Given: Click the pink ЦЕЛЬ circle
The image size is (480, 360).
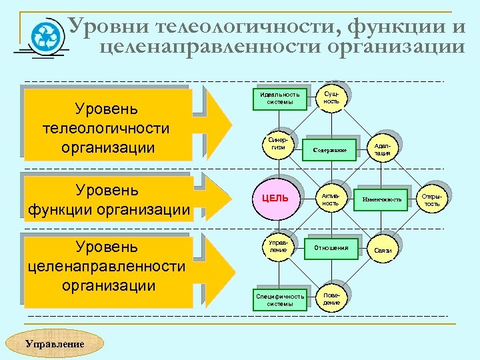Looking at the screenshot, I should pos(275,199).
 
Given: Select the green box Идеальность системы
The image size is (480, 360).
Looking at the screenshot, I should pos(279,99).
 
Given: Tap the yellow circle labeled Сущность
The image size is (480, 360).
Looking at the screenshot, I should pos(331,98).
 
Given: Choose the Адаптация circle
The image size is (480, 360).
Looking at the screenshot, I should pos(382,149).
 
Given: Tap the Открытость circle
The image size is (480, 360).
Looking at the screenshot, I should pos(433,199).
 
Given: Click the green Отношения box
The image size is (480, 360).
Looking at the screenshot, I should pos(331,248).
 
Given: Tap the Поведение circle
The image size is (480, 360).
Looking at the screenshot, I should pos(331,298).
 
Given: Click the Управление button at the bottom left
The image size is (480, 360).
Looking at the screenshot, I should pos(55,344).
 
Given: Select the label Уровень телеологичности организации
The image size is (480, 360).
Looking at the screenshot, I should pos(107,127).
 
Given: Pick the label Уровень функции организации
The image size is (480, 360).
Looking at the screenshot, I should pos(107,199).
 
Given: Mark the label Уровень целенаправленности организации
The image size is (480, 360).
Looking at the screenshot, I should pos(107,266).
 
